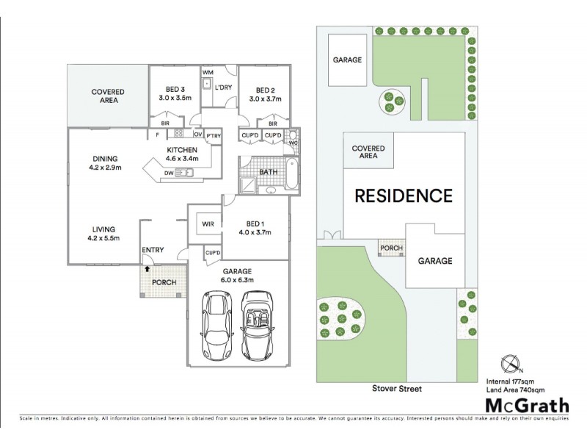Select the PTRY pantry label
click(x=213, y=135)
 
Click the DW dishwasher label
click(x=169, y=173)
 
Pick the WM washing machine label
click(x=208, y=72)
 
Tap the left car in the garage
click(x=217, y=326)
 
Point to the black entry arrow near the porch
click(x=147, y=270)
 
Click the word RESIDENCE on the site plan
click(x=404, y=196)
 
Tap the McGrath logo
click(x=527, y=404)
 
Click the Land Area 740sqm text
click(x=527, y=389)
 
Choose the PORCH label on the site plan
click(x=392, y=248)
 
